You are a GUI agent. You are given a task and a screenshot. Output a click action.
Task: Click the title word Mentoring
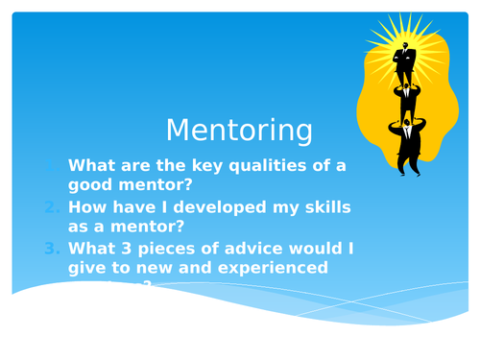tap(239, 130)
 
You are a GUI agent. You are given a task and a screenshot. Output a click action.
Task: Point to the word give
tap(89, 268)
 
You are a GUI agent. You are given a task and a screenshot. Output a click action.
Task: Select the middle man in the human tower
tap(406, 104)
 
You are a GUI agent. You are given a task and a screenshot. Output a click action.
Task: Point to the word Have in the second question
tap(136, 207)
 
